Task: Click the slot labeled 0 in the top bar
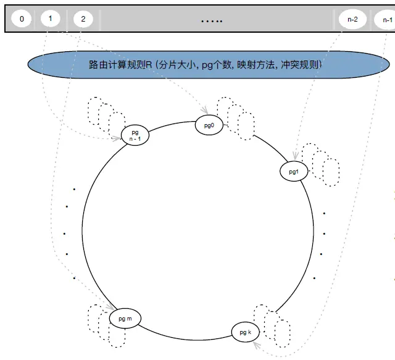coord(22,19)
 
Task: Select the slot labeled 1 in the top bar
coord(49,19)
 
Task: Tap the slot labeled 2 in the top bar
coord(83,19)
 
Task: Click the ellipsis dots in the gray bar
coord(212,21)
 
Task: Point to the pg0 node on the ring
coord(208,125)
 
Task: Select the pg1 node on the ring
coord(294,171)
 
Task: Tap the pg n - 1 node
coord(135,135)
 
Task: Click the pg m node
coord(125,319)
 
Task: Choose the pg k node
coord(246,332)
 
